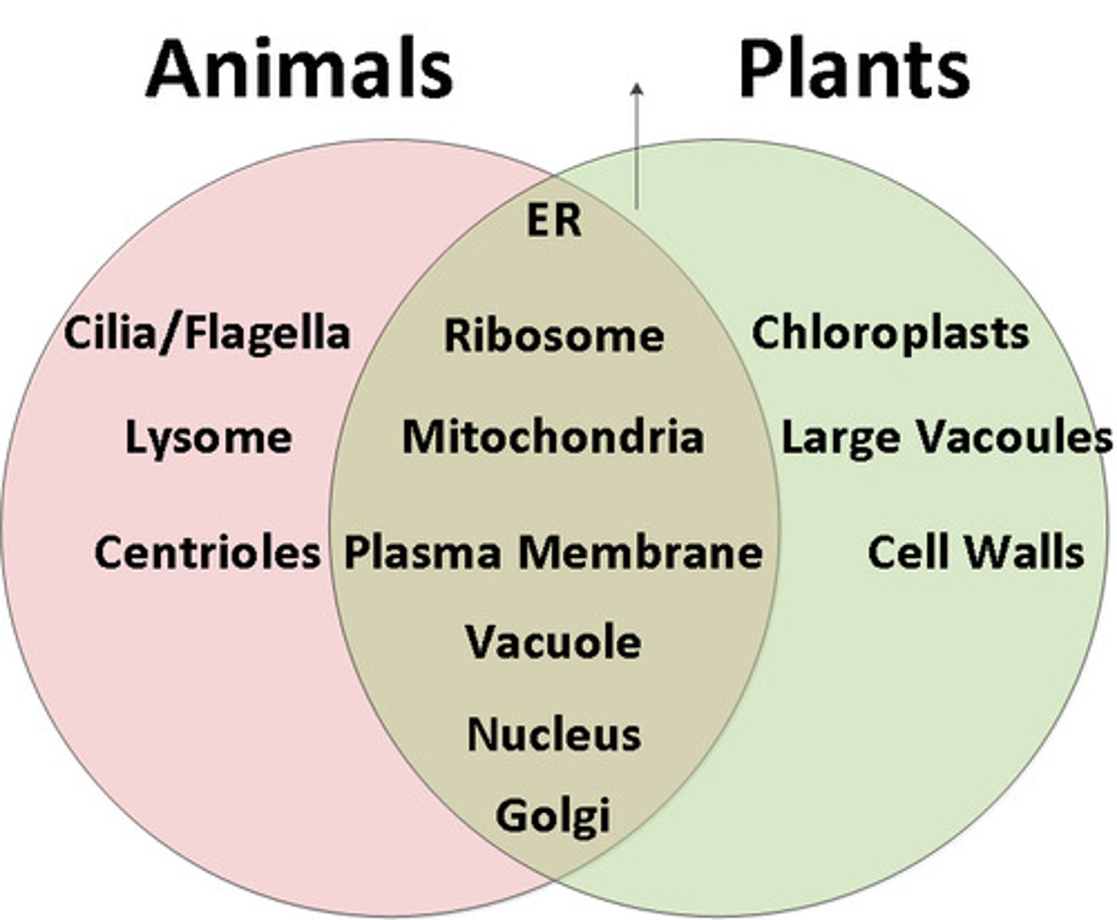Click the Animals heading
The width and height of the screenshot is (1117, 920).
tap(299, 69)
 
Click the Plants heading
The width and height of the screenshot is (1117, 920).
tap(853, 69)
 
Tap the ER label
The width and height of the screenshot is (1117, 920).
tap(553, 220)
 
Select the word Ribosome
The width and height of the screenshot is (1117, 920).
tap(554, 336)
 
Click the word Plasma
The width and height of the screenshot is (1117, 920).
tap(422, 554)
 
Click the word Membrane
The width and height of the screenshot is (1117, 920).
tap(640, 552)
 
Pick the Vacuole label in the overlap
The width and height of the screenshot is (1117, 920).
tap(554, 642)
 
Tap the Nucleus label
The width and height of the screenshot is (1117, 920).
tap(554, 734)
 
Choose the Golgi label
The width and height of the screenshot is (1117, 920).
tap(553, 816)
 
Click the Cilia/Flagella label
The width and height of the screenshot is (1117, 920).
tap(207, 334)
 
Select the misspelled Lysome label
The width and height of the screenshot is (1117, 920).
tap(209, 438)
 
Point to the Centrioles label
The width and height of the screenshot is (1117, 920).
tap(207, 552)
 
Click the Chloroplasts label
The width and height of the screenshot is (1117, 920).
tap(890, 334)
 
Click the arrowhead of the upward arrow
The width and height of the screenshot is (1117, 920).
tap(637, 89)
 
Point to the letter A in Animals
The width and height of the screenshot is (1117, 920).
tap(172, 69)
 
